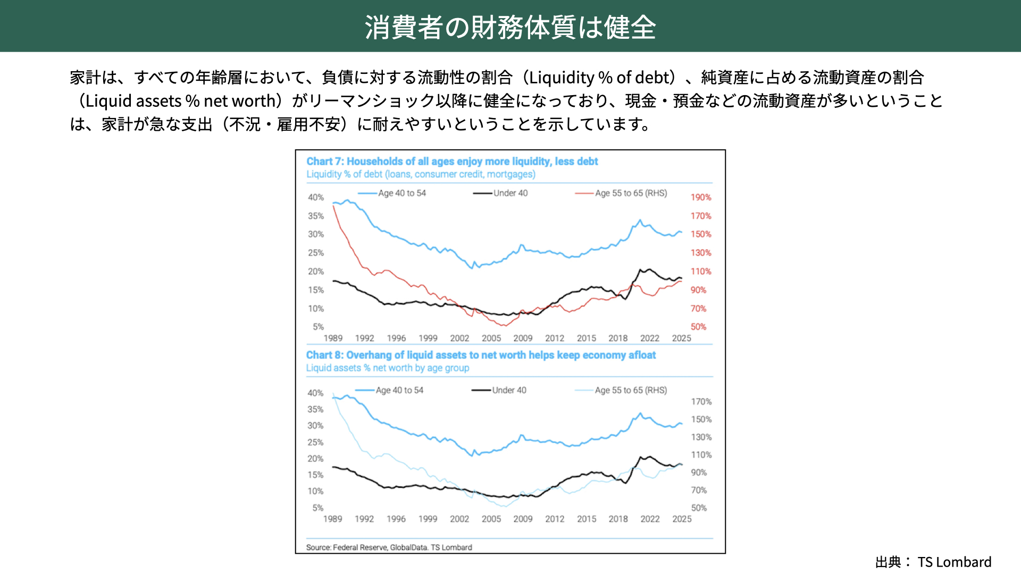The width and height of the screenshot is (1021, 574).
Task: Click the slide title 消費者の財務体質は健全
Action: (x=510, y=27)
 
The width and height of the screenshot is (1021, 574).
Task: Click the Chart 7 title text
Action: (x=452, y=161)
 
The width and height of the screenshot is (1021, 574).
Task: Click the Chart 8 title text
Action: (x=481, y=355)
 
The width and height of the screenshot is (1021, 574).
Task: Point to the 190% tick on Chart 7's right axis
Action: (x=700, y=197)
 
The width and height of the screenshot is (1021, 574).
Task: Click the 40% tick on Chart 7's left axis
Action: (x=316, y=197)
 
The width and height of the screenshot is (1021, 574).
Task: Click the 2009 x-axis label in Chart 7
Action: (x=523, y=338)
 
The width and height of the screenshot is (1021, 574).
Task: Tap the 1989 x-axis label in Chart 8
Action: (x=333, y=519)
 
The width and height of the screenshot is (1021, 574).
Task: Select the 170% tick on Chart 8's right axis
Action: (x=701, y=401)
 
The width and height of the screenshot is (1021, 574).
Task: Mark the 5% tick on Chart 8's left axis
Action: (x=317, y=508)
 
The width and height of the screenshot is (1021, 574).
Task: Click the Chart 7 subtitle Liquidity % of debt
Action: (x=421, y=174)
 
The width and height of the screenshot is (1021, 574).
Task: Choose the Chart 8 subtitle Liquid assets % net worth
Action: (x=388, y=368)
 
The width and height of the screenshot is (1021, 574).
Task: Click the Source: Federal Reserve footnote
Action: (x=389, y=547)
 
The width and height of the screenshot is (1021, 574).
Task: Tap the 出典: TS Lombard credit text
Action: (x=933, y=562)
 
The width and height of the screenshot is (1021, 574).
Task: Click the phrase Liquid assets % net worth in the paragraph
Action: (x=181, y=101)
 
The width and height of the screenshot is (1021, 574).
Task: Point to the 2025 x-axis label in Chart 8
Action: (x=682, y=519)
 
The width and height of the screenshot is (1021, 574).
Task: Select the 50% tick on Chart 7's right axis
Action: (x=698, y=327)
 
